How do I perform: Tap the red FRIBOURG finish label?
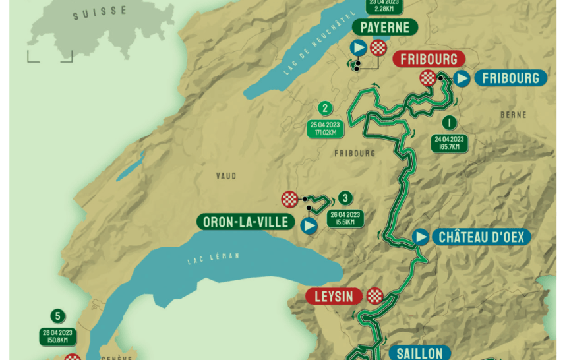tap(427, 59)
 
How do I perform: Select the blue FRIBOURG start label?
tap(510, 78)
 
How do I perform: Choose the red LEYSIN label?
tap(334, 296)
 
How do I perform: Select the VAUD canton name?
tap(226, 176)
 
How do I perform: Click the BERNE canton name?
tap(513, 115)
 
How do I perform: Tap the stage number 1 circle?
tap(449, 123)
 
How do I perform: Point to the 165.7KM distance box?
tap(449, 142)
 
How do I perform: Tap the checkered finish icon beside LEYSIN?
tap(375, 296)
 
